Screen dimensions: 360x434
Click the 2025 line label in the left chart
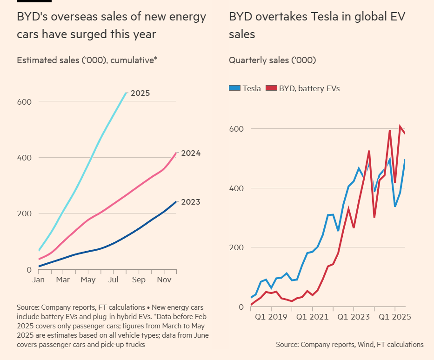pos(140,93)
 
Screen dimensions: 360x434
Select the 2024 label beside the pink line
pos(190,153)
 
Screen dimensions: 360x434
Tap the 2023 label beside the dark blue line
pos(190,202)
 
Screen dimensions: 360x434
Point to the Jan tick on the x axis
pos(38,280)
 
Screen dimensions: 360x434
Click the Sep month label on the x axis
pos(139,280)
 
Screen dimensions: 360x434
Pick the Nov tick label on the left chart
pos(164,280)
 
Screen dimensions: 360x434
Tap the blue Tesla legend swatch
pos(234,88)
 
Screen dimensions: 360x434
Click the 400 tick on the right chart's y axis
pos(237,188)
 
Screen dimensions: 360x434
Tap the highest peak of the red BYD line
pos(400,126)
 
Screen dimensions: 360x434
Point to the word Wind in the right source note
pos(366,345)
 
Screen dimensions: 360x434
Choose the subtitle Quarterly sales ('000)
pos(272,60)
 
